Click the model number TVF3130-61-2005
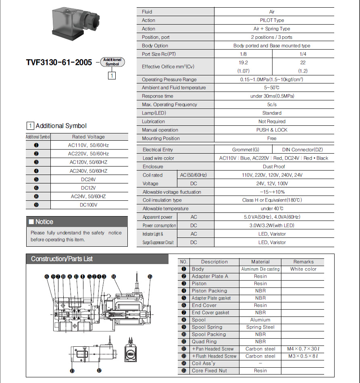click(x=59, y=62)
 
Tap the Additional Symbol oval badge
click(x=112, y=62)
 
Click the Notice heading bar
click(x=77, y=222)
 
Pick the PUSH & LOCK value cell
click(x=272, y=130)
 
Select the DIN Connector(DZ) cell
click(x=303, y=150)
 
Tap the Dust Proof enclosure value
click(x=274, y=167)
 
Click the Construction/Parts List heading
click(x=62, y=259)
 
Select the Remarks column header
click(x=303, y=262)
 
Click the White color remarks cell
click(x=303, y=269)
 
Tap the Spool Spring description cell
click(x=207, y=327)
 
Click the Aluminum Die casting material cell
click(x=260, y=269)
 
